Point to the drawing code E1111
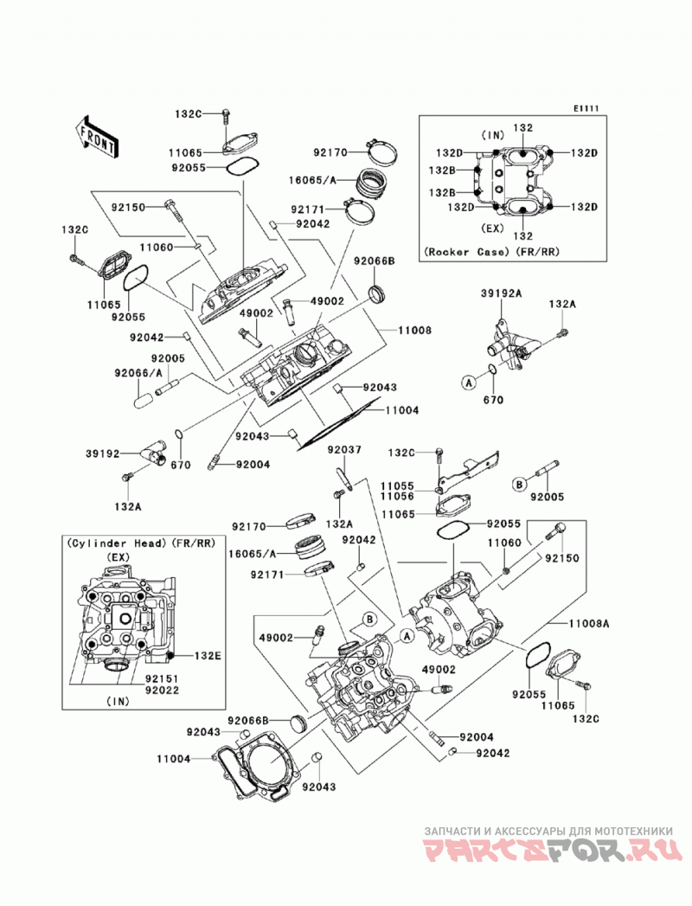pos(586,108)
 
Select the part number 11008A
pos(589,624)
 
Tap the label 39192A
pos(501,293)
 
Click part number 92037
pos(344,449)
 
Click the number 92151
pos(162,679)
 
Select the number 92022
pos(162,690)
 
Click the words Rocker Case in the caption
pos(467,252)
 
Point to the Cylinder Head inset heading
pos(141,543)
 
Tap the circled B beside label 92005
pos(519,484)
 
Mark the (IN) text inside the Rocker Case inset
pos(493,135)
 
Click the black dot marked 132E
pos(171,655)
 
